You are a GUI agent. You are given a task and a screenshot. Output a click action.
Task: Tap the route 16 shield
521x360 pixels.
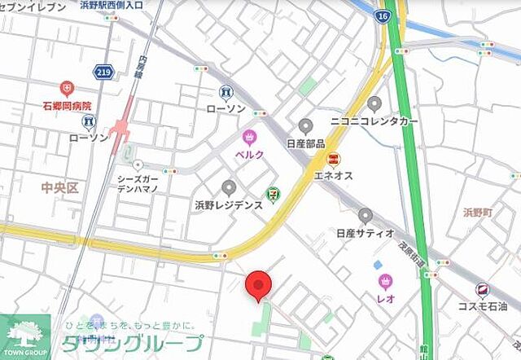pyautogui.click(x=383, y=15)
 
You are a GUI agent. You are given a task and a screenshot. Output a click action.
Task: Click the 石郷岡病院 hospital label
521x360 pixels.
pyautogui.click(x=67, y=106)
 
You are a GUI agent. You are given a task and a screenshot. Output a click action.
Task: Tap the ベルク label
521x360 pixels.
pyautogui.click(x=249, y=154)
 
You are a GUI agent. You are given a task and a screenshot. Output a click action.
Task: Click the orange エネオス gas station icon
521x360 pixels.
pyautogui.click(x=332, y=158)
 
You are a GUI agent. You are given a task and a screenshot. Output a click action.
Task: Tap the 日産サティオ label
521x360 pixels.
pyautogui.click(x=365, y=233)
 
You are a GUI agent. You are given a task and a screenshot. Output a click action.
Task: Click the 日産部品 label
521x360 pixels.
pyautogui.click(x=305, y=143)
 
